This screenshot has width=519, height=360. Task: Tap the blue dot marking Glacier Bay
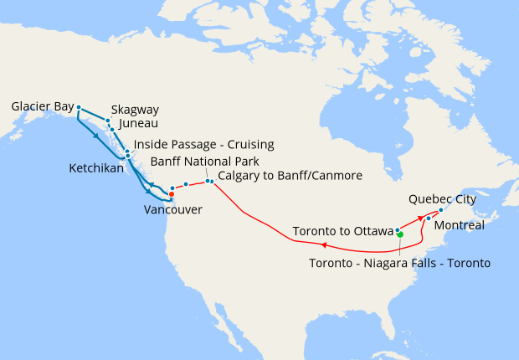coord(78,107)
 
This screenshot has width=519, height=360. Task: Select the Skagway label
coord(135,110)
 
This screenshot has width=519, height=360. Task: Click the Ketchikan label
coord(96,168)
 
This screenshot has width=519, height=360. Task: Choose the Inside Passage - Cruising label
coord(203,145)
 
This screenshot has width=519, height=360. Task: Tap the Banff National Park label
coord(204,161)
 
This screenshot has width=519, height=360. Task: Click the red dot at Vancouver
coord(171,194)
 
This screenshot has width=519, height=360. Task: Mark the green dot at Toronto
coord(400,234)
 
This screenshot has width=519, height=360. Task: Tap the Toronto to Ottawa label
coord(342,230)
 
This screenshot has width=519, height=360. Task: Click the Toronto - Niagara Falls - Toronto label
coord(399,262)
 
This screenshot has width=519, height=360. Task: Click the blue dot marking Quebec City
coord(441,210)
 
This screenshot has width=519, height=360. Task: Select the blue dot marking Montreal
coord(429,219)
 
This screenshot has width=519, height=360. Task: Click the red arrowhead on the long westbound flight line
coord(323,245)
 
